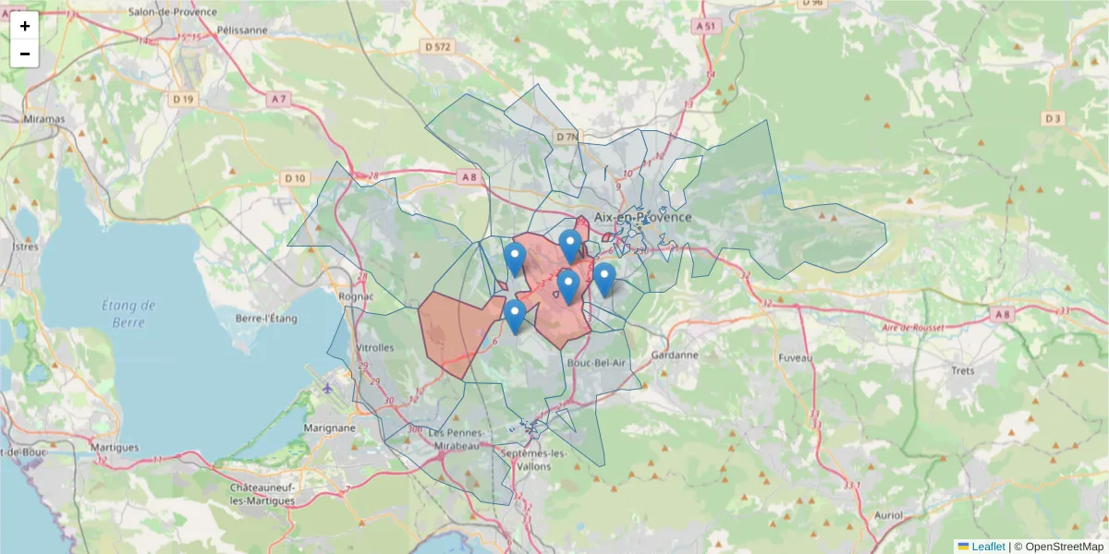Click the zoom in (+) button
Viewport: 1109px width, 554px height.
click(x=24, y=26)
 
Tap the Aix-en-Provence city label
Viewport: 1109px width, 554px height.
click(x=642, y=217)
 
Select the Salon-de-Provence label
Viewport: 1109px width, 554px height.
click(x=173, y=12)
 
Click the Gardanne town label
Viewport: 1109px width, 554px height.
click(x=675, y=355)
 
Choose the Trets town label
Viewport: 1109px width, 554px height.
click(x=963, y=370)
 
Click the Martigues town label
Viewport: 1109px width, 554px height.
click(x=115, y=448)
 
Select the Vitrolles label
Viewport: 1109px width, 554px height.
click(x=374, y=348)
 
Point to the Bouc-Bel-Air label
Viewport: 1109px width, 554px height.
click(x=597, y=364)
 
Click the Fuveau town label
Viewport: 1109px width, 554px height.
click(x=795, y=357)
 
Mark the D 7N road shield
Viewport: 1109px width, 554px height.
click(x=567, y=137)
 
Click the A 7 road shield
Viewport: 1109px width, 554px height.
click(x=278, y=98)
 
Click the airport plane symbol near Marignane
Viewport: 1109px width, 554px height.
click(x=328, y=388)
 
